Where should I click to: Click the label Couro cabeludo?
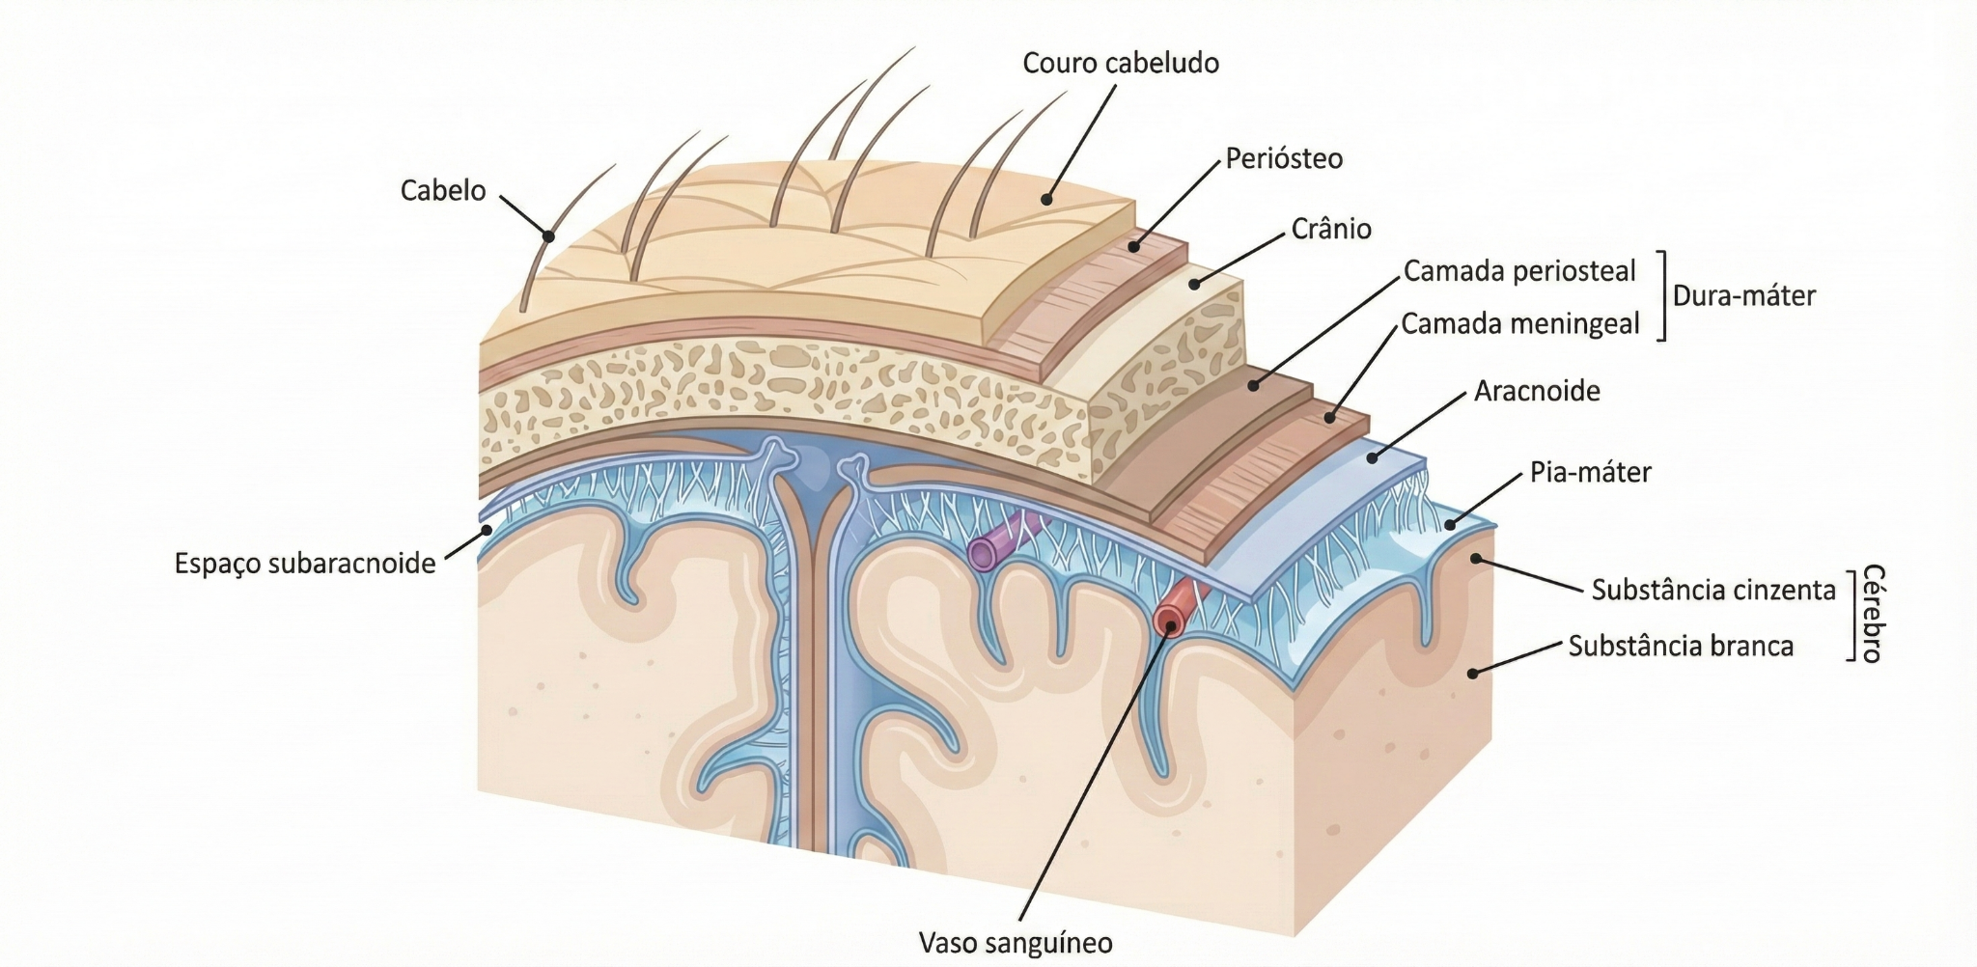(1121, 64)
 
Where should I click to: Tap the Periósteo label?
(1284, 158)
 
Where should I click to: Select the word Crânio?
(1331, 229)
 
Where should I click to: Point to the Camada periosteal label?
(1519, 271)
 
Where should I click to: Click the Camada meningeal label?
(1520, 324)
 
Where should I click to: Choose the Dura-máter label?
(1743, 295)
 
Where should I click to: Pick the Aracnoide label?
(1537, 391)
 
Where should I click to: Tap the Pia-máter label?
(1591, 472)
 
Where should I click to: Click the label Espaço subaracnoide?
(305, 564)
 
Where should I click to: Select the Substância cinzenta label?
(1713, 590)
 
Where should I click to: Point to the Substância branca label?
(1681, 646)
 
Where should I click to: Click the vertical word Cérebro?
(1872, 614)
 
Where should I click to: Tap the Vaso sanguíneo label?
(1016, 942)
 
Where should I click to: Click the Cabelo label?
(443, 190)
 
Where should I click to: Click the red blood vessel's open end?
(1170, 621)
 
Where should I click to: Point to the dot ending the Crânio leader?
(1194, 284)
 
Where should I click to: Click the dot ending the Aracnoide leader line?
(1372, 457)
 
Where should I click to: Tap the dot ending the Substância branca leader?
(1473, 673)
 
